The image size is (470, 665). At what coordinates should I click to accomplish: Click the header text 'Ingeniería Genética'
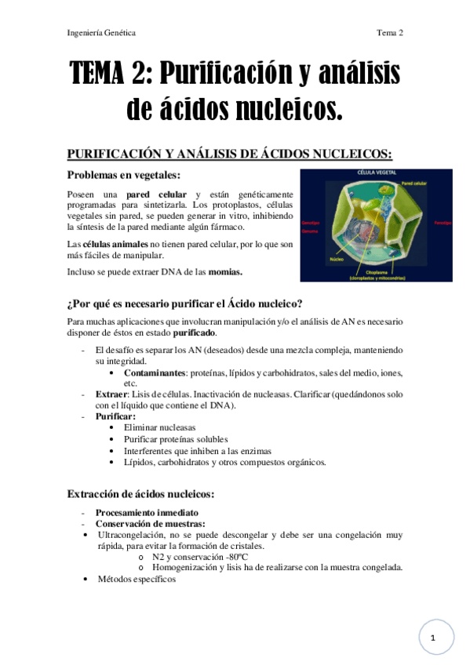[x=101, y=33]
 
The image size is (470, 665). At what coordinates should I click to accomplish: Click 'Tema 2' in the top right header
[x=389, y=33]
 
